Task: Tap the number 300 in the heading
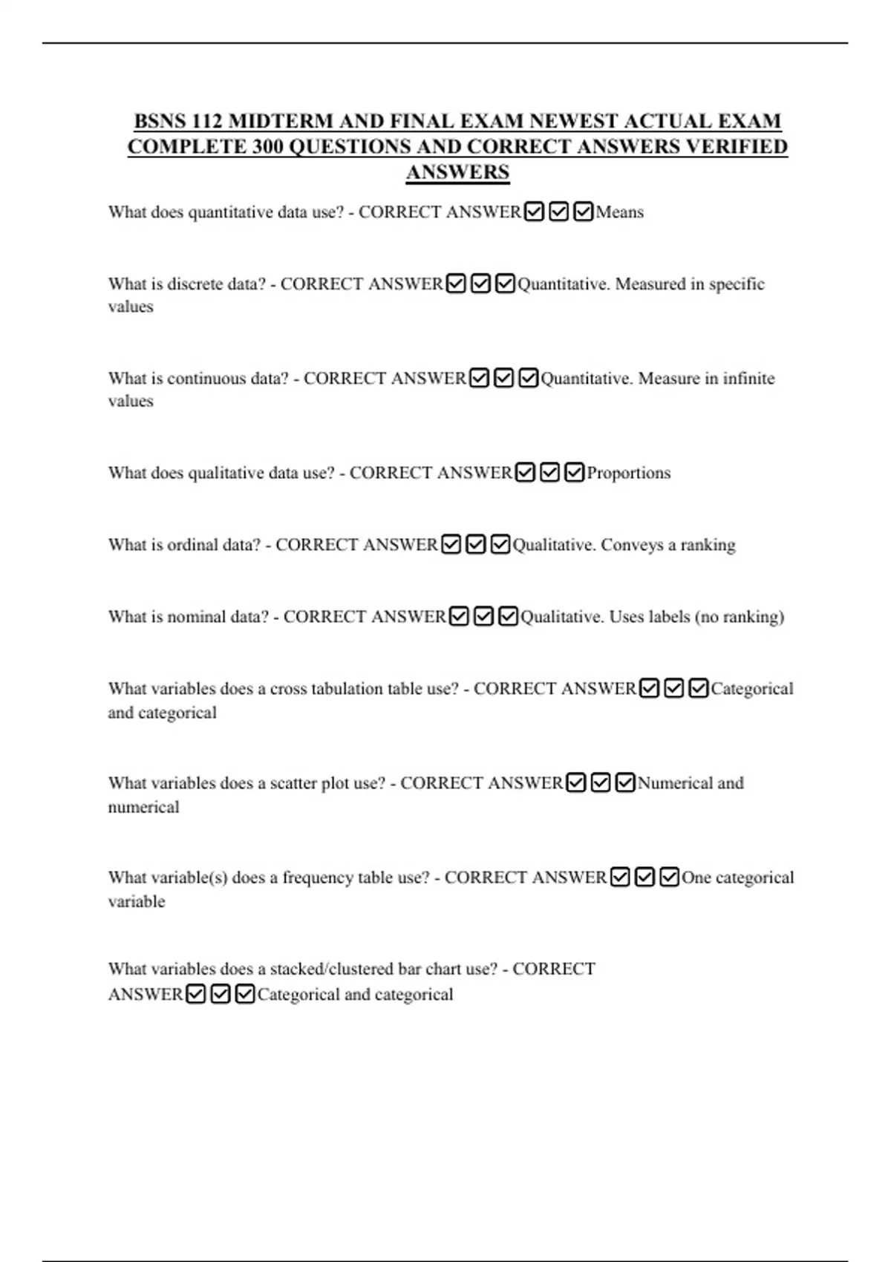(267, 146)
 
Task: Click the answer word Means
(619, 212)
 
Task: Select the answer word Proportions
(628, 473)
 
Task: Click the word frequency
(317, 877)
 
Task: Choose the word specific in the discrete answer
(737, 284)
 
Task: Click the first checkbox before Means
(534, 212)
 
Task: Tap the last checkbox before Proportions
(574, 473)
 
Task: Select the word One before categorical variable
(696, 877)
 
